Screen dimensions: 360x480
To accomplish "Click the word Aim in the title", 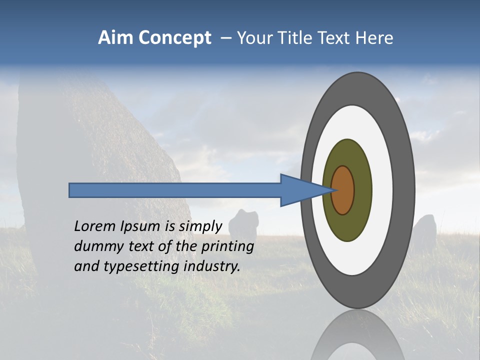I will [x=112, y=38].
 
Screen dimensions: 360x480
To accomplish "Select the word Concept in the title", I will [x=175, y=38].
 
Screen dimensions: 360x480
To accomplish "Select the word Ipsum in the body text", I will [x=139, y=227].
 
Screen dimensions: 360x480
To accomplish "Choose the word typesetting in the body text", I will [x=142, y=267].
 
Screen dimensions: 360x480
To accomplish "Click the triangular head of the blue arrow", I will [x=300, y=190].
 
